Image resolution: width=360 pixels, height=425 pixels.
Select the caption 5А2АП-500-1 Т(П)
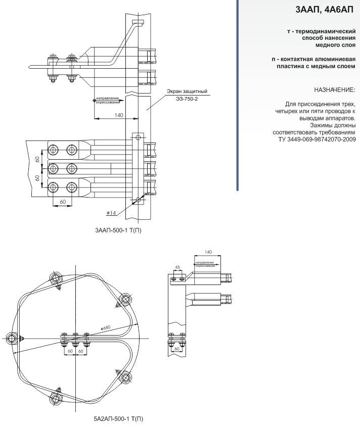click(x=119, y=418)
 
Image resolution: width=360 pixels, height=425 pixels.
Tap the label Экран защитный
click(x=188, y=91)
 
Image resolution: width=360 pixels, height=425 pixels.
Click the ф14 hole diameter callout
click(x=112, y=213)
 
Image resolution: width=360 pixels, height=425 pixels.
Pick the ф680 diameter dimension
click(x=106, y=328)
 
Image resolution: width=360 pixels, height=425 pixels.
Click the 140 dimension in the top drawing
click(x=118, y=116)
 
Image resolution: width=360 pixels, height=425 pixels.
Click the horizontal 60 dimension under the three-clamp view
click(x=62, y=202)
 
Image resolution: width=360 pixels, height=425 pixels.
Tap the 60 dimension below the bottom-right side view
click(x=177, y=349)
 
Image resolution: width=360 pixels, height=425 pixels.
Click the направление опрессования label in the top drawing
click(x=108, y=100)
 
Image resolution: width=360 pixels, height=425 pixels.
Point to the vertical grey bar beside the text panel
click(x=237, y=96)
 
